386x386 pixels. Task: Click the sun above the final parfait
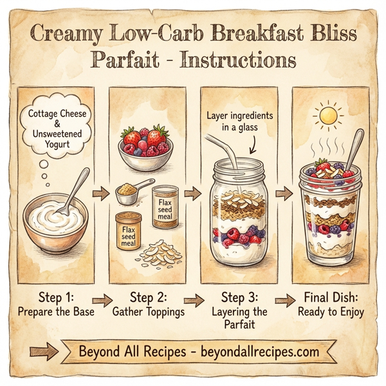[329, 116]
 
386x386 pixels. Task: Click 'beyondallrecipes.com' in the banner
[260, 353]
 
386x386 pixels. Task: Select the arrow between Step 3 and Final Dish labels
[284, 300]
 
